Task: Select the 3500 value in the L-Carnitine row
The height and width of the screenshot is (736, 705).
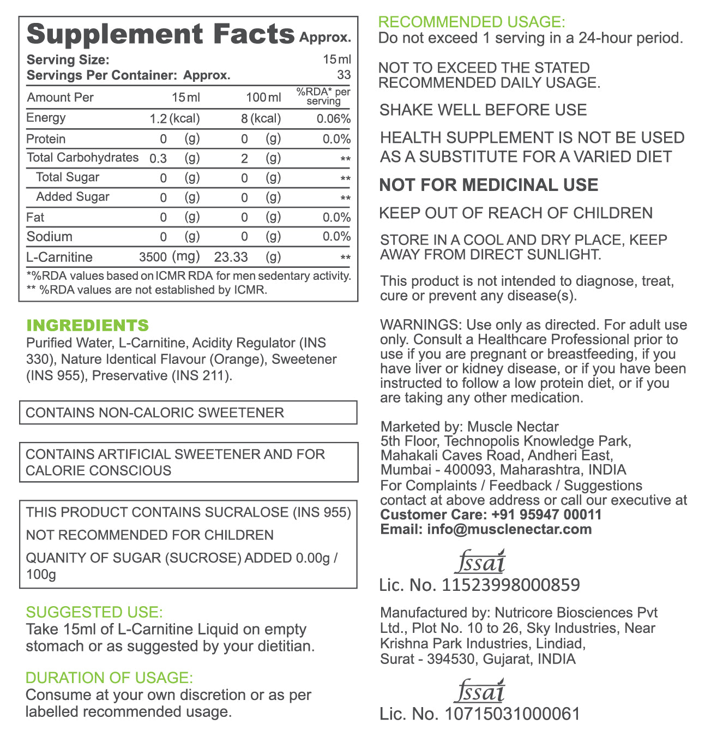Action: (x=153, y=258)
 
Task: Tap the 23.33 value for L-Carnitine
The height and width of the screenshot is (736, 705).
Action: (x=231, y=258)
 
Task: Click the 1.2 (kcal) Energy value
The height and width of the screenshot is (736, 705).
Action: (x=174, y=118)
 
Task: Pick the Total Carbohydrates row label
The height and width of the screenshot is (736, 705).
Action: (x=83, y=158)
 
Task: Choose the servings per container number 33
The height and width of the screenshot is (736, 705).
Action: (x=344, y=75)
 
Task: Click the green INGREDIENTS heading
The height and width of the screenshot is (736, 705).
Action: (x=87, y=325)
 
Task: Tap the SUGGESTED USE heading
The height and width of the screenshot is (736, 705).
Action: (x=94, y=612)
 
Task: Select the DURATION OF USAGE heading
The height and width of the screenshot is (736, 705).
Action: (x=109, y=678)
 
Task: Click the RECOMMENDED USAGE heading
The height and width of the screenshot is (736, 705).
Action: (x=472, y=22)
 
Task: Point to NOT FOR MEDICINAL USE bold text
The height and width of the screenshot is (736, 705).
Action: (x=489, y=185)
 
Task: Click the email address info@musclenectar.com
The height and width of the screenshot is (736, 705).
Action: (x=509, y=529)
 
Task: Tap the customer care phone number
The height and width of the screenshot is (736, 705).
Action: (x=546, y=514)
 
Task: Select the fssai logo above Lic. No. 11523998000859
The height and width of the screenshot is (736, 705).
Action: (x=480, y=561)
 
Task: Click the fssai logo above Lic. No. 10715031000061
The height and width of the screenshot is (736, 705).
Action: (x=480, y=691)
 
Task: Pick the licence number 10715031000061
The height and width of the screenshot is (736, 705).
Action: (x=513, y=714)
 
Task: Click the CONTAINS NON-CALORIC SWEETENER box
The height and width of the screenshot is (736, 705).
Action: (x=188, y=412)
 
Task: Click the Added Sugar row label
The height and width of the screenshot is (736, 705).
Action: (x=73, y=197)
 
